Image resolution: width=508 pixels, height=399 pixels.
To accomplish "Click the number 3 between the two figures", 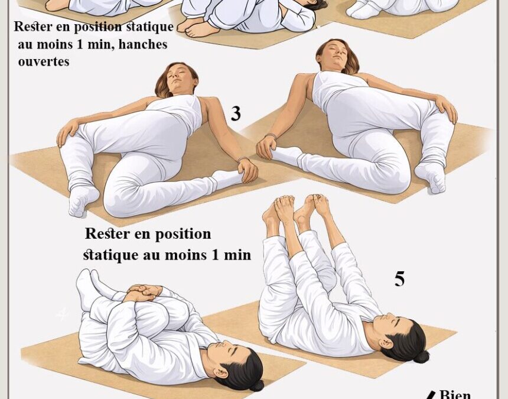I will (236, 113).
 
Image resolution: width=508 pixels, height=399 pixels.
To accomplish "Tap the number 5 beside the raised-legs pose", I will (400, 279).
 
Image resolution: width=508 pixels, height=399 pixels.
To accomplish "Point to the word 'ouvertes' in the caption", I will (44, 61).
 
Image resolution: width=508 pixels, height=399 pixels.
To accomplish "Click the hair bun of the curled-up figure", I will (256, 385).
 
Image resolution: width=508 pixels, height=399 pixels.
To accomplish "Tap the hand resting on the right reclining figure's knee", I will (447, 109).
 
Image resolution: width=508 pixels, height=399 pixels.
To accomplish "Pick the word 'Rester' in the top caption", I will (34, 27).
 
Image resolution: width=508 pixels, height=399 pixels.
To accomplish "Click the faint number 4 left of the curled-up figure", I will (62, 313).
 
